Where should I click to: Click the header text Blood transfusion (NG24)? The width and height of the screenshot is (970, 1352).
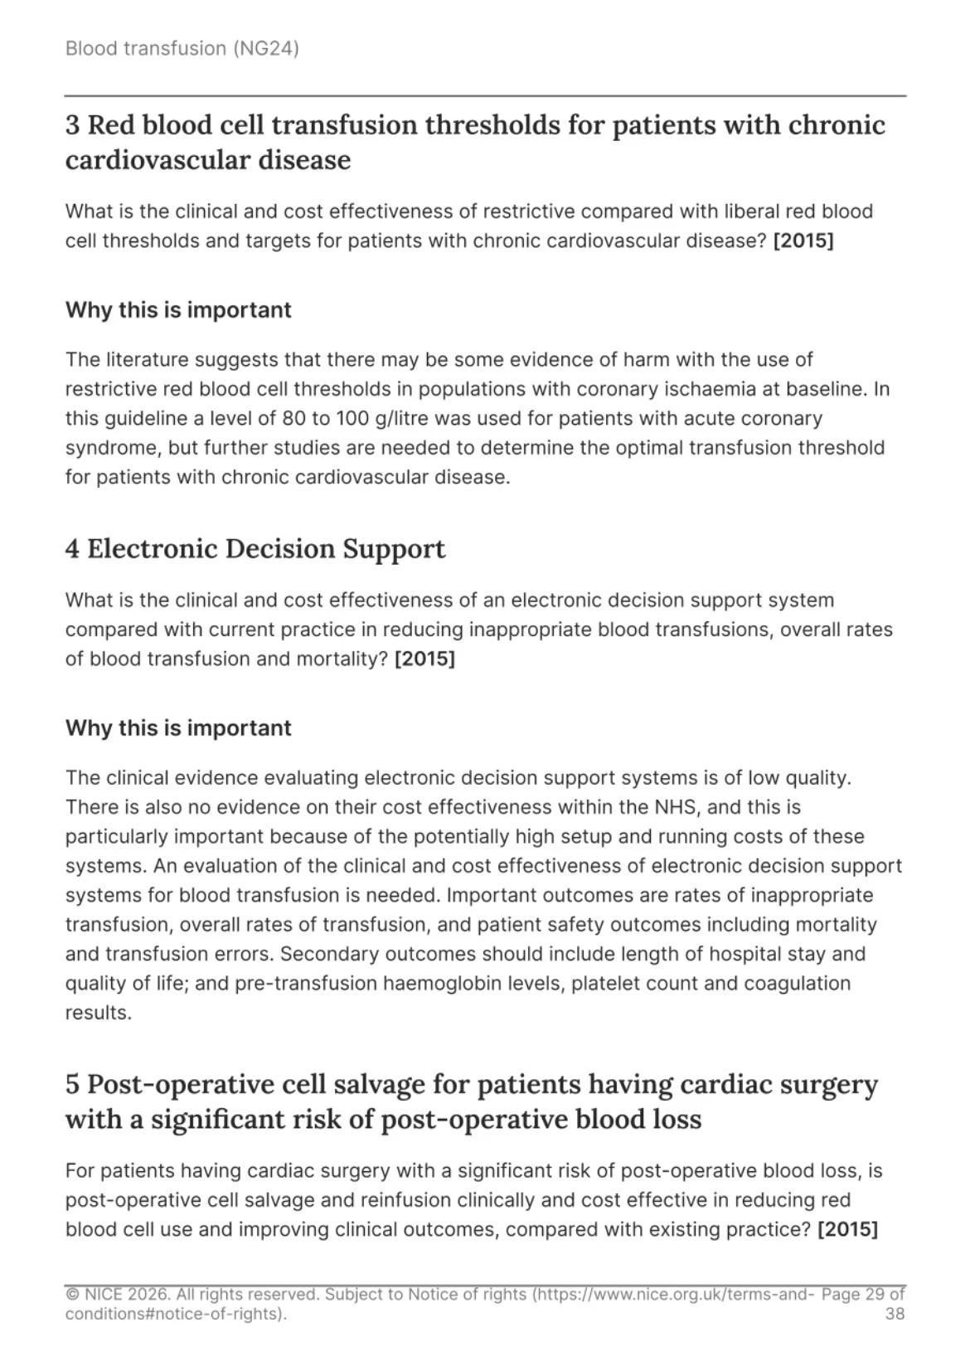click(x=182, y=48)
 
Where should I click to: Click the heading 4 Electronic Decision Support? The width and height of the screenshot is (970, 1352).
click(x=255, y=549)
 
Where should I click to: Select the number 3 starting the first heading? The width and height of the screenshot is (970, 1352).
click(x=73, y=125)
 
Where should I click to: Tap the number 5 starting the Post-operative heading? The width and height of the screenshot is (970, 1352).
click(x=73, y=1084)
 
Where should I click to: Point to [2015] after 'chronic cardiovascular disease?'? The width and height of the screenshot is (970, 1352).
click(x=803, y=241)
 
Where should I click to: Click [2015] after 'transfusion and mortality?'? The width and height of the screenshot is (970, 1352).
click(x=424, y=659)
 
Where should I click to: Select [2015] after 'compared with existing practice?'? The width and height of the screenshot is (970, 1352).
click(x=847, y=1229)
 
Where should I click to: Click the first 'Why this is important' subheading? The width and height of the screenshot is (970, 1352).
click(x=178, y=310)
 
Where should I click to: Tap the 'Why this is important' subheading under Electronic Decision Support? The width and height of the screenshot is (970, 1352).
click(x=178, y=728)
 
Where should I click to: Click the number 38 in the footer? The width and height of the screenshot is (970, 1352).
click(x=895, y=1314)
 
